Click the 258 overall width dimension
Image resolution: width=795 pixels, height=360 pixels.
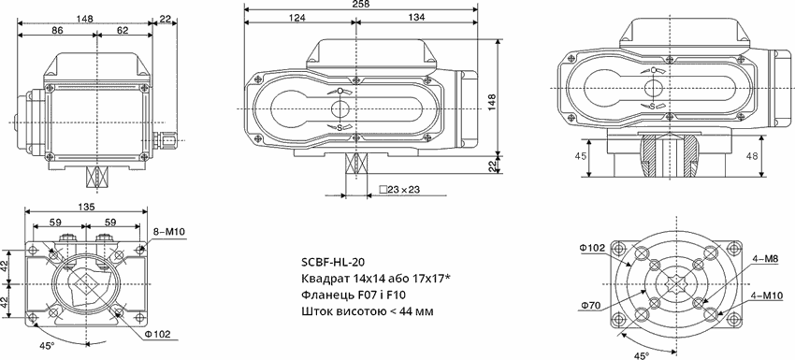pyautogui.click(x=360, y=4)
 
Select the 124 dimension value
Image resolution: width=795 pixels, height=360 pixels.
pyautogui.click(x=297, y=17)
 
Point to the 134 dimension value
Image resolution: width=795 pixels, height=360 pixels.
pyautogui.click(x=416, y=17)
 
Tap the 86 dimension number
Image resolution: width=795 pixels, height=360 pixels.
pyautogui.click(x=57, y=30)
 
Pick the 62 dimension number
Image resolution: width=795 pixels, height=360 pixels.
pyautogui.click(x=123, y=30)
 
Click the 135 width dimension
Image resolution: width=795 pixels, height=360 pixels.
pyautogui.click(x=86, y=207)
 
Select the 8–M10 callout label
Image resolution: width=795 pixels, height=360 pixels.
pyautogui.click(x=169, y=232)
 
